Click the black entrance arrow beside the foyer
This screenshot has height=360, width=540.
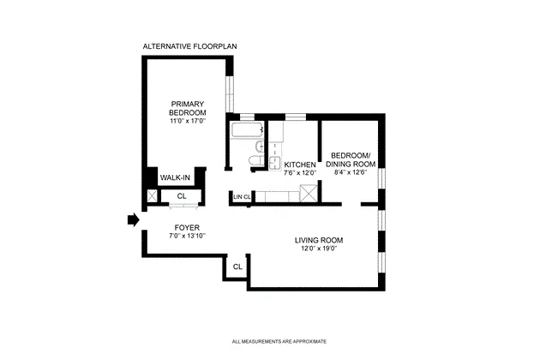132,219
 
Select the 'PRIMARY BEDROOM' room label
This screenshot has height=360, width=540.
187,107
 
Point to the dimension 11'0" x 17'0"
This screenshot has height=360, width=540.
187,122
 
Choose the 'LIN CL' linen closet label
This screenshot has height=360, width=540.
241,197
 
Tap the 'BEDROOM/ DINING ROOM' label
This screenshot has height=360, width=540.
351,159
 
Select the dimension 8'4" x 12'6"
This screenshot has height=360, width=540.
351,172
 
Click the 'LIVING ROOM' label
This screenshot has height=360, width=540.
319,240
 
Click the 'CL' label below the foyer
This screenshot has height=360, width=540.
237,267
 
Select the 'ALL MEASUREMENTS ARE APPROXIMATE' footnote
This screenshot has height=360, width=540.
279,341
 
